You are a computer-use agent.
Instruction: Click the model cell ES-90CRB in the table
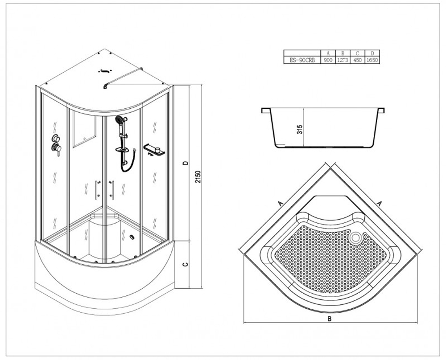[x=302, y=60]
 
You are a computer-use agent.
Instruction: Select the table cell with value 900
[x=328, y=60]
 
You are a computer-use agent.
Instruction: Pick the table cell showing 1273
[x=343, y=60]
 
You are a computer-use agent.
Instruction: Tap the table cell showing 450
[x=358, y=60]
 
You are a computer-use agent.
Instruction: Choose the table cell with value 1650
[x=372, y=60]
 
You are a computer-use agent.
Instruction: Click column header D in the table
[x=372, y=53]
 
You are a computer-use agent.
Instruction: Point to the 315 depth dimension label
[x=301, y=129]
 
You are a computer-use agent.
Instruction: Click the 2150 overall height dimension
[x=198, y=177]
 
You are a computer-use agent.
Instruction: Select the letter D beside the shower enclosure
[x=186, y=163]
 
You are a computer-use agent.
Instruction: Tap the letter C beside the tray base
[x=186, y=265]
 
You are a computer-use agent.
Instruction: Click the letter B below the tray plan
[x=330, y=319]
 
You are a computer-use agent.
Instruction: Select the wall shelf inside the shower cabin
[x=154, y=150]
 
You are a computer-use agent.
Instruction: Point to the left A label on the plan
[x=280, y=203]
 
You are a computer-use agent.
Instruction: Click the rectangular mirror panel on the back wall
[x=84, y=129]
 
